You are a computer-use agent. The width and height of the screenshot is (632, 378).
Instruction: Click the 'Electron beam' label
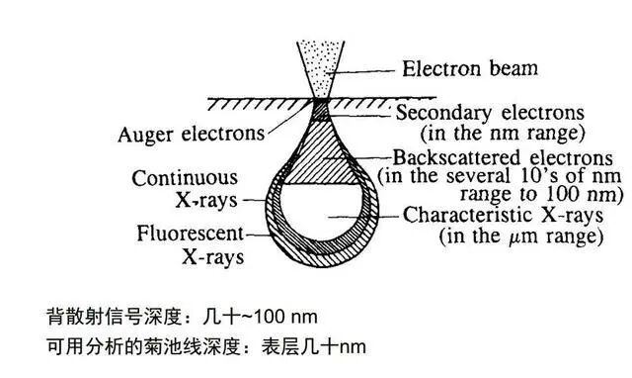(x=470, y=68)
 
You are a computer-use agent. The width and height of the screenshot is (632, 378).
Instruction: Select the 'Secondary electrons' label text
(x=490, y=113)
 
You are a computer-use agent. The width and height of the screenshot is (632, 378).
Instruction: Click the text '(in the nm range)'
(x=503, y=133)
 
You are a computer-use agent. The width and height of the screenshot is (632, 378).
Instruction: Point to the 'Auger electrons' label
(x=192, y=135)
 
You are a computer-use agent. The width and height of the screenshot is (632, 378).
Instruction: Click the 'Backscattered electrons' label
(x=503, y=158)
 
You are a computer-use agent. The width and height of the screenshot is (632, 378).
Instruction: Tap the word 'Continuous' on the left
(x=185, y=178)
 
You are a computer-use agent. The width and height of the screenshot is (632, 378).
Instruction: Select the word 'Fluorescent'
(x=190, y=234)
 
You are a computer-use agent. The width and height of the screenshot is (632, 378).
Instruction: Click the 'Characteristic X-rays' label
(x=503, y=215)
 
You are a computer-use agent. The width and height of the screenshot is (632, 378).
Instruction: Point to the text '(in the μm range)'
(x=520, y=236)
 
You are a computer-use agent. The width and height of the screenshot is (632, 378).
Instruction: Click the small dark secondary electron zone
(x=320, y=109)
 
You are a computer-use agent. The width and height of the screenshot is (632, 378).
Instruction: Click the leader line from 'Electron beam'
(x=359, y=72)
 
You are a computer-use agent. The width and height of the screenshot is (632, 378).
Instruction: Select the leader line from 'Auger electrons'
(x=289, y=117)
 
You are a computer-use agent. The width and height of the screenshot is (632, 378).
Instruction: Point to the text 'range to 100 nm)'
(x=538, y=194)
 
